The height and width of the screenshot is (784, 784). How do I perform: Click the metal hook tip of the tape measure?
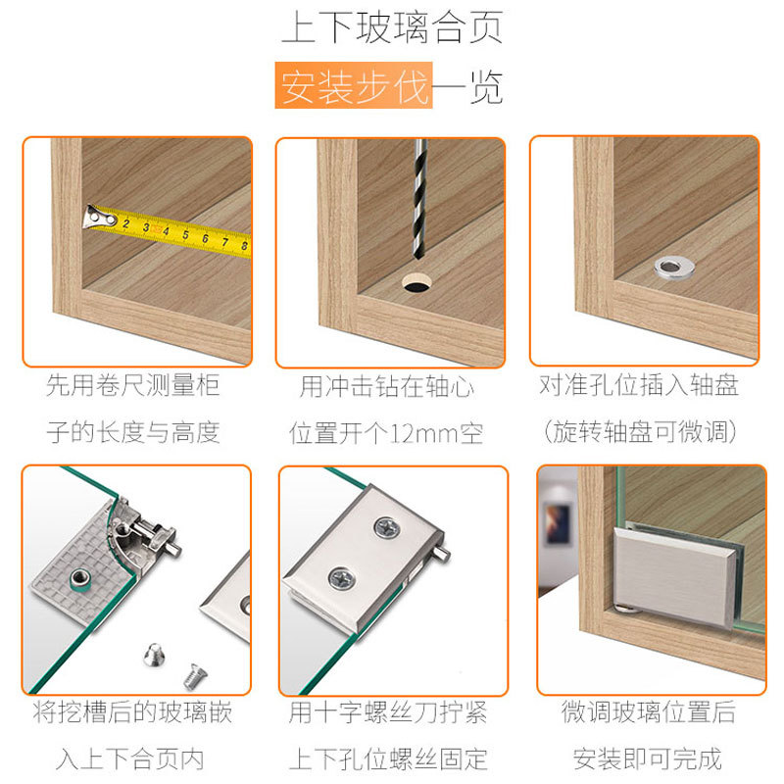[x=93, y=217]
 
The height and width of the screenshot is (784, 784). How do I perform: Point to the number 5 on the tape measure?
[x=184, y=234]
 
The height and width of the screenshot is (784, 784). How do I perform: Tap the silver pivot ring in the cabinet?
[x=672, y=266]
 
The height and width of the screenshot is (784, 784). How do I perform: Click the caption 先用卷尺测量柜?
[x=133, y=385]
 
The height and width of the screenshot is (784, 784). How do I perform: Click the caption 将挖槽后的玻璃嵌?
[x=133, y=711]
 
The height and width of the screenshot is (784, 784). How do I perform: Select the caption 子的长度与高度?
[x=133, y=432]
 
